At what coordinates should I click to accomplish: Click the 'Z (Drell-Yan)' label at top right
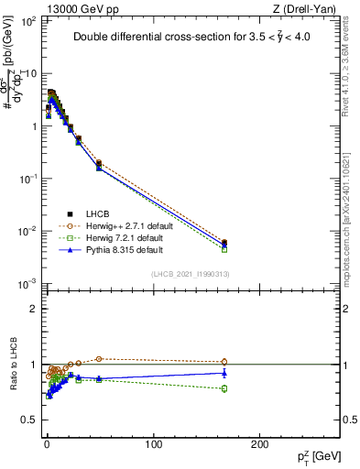(306, 8)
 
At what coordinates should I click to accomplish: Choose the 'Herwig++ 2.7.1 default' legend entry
(110, 225)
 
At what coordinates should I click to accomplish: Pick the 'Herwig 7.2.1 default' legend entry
(107, 237)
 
